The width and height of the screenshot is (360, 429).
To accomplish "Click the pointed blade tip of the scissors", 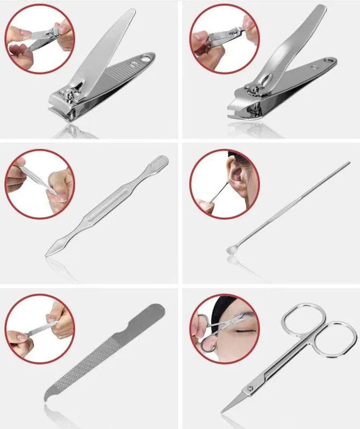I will click(224, 412).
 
